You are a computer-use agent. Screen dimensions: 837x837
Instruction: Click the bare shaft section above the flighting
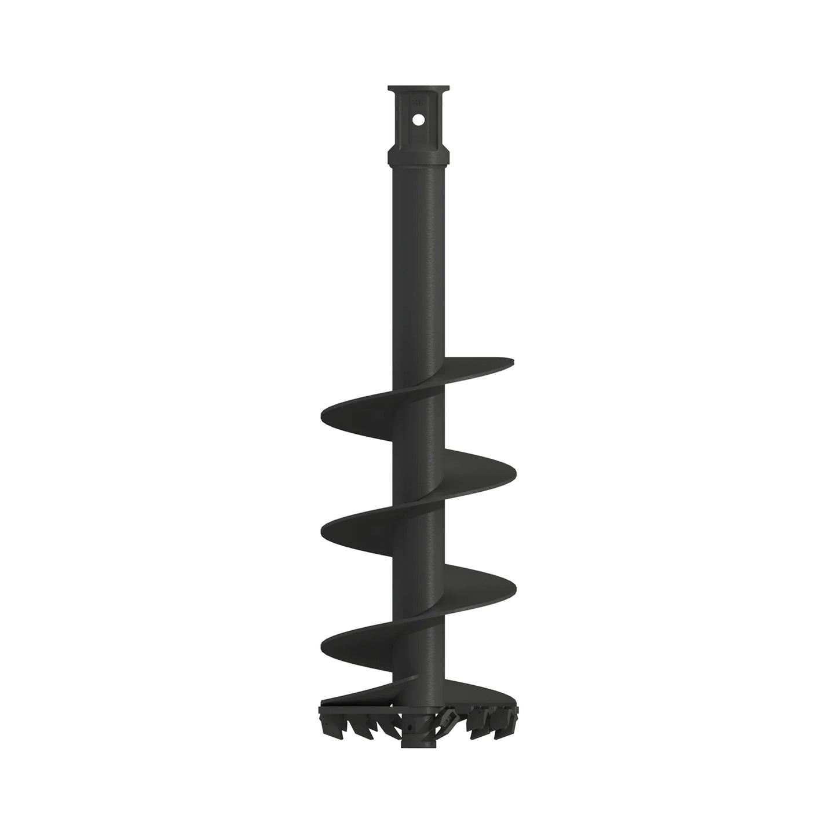click(x=418, y=261)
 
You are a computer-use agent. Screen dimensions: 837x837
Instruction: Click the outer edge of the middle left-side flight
click(x=324, y=528)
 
